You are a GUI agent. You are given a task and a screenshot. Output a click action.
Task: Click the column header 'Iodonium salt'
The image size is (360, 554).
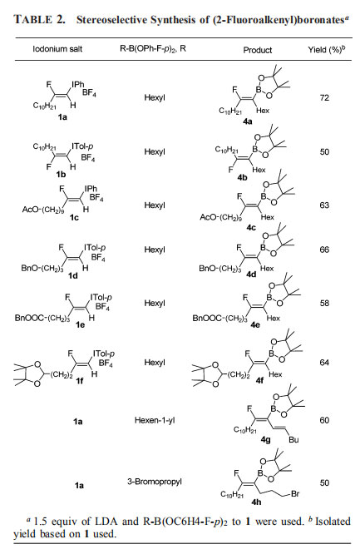tap(57, 49)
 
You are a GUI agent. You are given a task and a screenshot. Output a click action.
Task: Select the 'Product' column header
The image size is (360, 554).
tap(258, 50)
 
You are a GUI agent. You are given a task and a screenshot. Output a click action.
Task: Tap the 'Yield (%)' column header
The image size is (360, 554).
tap(326, 50)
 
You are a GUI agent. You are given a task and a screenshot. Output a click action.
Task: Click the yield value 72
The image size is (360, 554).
tap(324, 97)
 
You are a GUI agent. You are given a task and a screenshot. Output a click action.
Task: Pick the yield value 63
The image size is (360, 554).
tap(324, 205)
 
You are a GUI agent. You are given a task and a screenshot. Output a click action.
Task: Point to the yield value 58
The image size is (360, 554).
tap(324, 303)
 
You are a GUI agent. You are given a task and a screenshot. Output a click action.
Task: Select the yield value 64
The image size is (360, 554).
tap(324, 363)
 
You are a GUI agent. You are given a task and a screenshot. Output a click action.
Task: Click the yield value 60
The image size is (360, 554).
tap(324, 420)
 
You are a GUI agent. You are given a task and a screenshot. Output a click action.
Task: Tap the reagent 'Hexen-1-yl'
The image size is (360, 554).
tap(155, 420)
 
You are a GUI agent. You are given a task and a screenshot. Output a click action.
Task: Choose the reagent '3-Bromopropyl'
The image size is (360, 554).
tap(155, 482)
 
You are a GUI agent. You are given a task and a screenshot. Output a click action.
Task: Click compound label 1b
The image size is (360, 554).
tap(61, 174)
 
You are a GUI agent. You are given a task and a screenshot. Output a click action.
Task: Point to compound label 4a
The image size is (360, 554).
tap(248, 121)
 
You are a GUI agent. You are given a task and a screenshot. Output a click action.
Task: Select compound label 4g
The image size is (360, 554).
tap(266, 439)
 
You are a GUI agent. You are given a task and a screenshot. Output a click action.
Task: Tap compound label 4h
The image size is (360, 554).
tap(256, 502)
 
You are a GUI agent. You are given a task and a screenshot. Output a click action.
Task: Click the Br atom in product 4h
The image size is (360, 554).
tap(295, 493)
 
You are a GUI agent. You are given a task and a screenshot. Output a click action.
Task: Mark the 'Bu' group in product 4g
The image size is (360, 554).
tap(293, 439)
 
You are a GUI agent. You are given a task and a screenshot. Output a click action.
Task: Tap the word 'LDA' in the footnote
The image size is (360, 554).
tap(106, 522)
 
